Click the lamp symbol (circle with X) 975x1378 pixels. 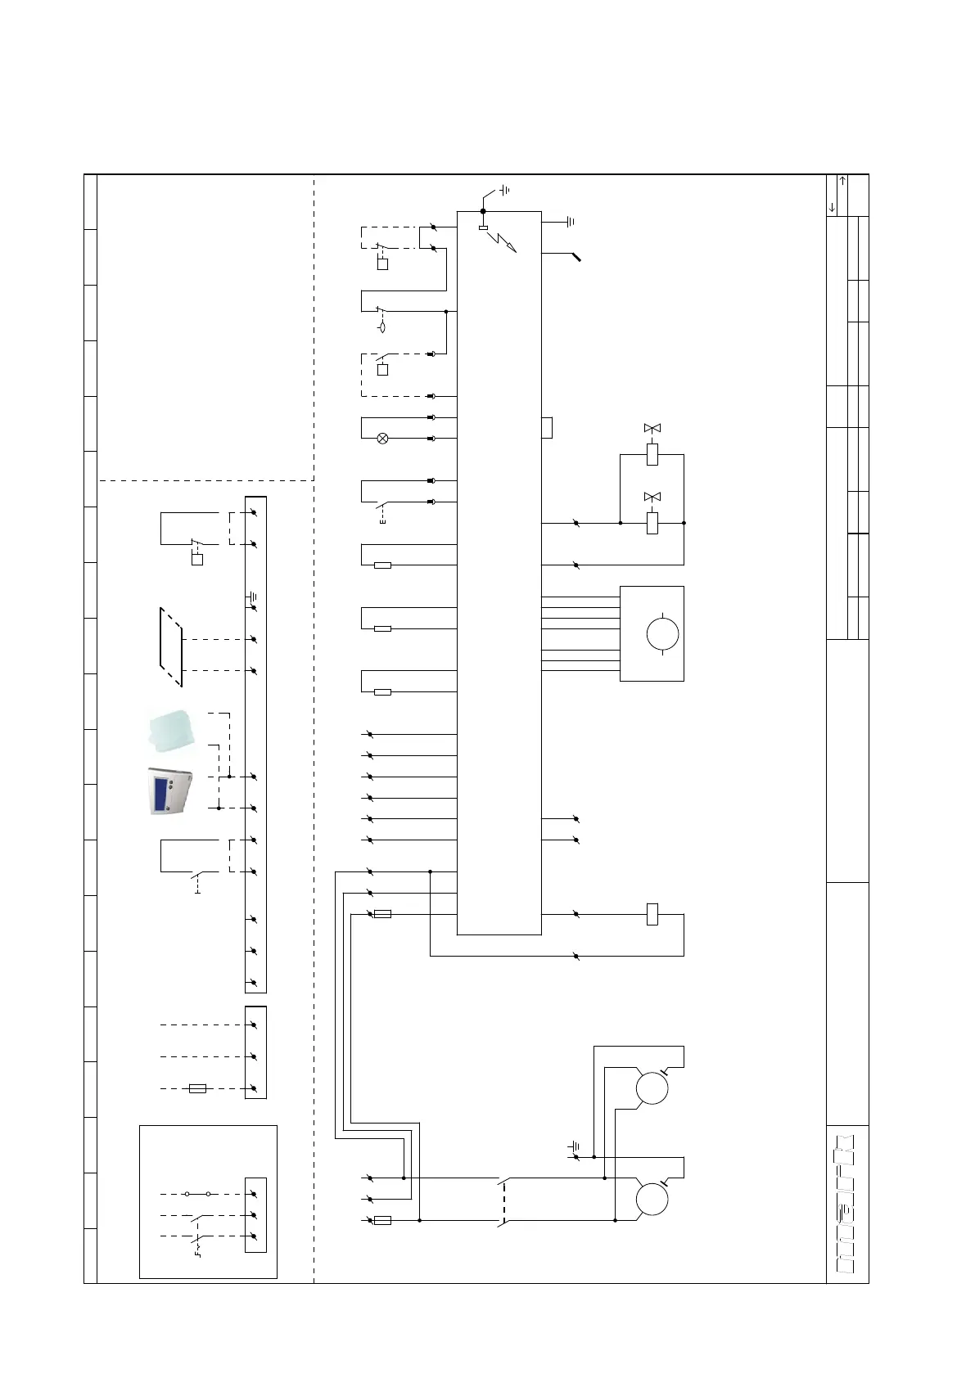tap(381, 439)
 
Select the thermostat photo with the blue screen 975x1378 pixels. tap(169, 790)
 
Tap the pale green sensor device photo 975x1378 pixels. tap(171, 730)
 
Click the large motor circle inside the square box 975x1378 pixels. tap(662, 633)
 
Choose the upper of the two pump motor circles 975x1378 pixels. tap(652, 1088)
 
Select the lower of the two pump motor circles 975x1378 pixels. tap(652, 1200)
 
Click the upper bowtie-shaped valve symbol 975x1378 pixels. tap(652, 428)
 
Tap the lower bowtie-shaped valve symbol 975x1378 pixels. tap(652, 497)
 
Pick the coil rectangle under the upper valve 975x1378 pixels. tap(652, 454)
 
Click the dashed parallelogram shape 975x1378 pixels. tap(171, 647)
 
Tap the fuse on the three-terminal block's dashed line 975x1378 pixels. tap(197, 1088)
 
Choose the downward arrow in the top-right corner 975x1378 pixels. tap(832, 207)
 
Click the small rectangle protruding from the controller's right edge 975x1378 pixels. tap(547, 428)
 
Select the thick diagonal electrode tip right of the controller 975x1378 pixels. tap(576, 257)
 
